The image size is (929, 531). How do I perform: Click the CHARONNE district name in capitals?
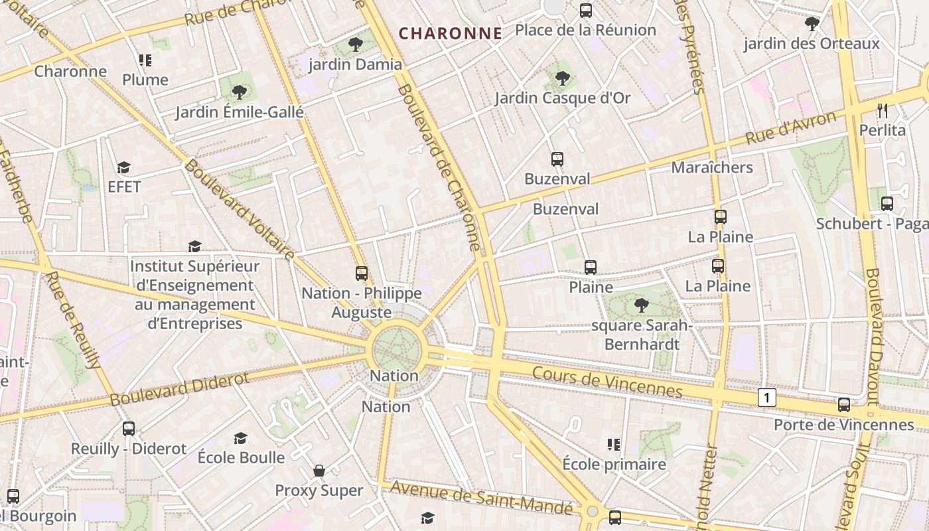point(451,33)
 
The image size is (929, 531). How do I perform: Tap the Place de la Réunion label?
point(585,30)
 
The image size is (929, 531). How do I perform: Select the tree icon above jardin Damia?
point(356,44)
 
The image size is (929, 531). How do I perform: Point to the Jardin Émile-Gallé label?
point(240,112)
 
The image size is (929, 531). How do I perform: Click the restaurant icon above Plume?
point(145,61)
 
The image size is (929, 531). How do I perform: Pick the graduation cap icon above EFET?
point(124,167)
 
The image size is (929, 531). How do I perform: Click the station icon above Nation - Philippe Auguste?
point(362,273)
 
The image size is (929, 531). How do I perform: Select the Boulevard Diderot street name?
point(180,388)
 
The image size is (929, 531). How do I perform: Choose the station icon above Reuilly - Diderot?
point(129,429)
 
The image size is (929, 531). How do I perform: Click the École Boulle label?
point(241,457)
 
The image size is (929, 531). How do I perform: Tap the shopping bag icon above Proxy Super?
point(319,471)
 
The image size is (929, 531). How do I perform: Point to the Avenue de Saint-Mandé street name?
point(481,496)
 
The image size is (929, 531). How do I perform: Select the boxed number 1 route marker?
point(767,398)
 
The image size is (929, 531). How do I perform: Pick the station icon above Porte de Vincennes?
point(844,404)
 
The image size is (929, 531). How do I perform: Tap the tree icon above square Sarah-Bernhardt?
point(641,305)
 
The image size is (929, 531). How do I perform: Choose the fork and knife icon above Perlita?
point(883,110)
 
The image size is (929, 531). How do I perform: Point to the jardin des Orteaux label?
point(811,44)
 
